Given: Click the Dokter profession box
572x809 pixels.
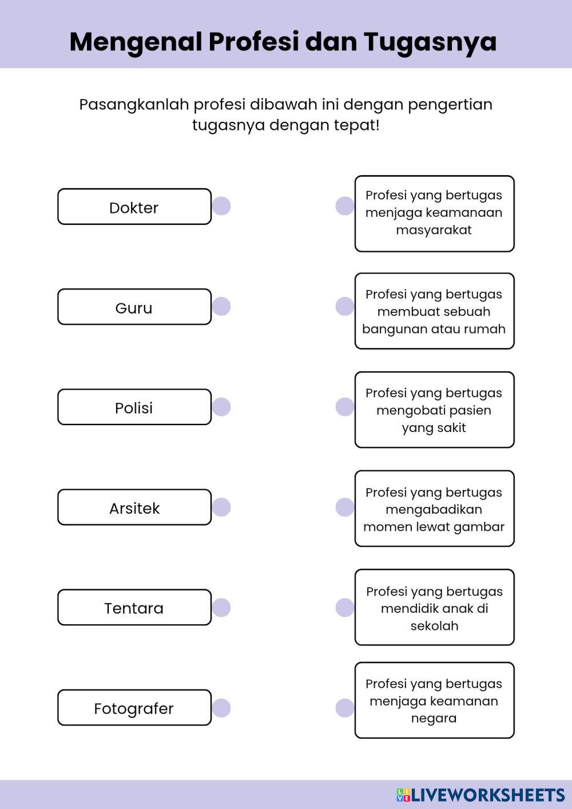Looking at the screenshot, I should (134, 207).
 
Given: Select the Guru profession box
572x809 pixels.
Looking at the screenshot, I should (134, 307).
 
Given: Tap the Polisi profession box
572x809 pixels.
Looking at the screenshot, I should (134, 407).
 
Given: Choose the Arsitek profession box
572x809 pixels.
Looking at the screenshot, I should (134, 507).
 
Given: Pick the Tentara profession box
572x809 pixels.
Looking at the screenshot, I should (134, 608).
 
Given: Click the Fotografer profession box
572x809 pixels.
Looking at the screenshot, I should (134, 708).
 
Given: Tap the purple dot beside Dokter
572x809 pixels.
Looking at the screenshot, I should (221, 206).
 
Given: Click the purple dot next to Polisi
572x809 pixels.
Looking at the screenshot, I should (221, 407).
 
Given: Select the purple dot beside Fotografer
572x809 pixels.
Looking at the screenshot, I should (221, 708).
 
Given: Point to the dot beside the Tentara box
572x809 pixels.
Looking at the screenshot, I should (221, 608).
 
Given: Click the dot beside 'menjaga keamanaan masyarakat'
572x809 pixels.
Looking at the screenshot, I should (345, 206).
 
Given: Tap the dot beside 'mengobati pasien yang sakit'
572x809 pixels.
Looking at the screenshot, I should (345, 407).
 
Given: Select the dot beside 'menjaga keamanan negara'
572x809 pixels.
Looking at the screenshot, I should (345, 708).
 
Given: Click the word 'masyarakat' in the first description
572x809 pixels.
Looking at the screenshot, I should (434, 230).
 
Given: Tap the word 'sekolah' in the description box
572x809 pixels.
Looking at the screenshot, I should (434, 626).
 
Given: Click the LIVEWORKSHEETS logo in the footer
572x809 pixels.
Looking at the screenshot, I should (480, 795).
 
